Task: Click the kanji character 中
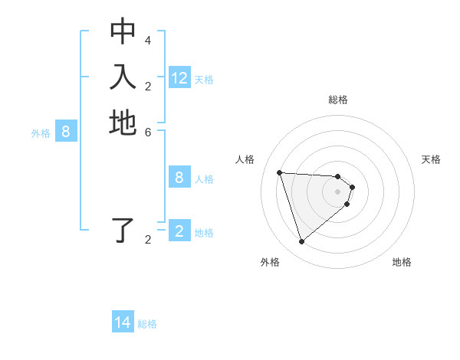tap(123, 32)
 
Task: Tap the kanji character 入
tap(123, 77)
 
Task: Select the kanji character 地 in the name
tap(123, 123)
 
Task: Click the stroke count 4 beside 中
tap(147, 40)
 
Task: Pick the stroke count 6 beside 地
tap(147, 131)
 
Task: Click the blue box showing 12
tap(179, 78)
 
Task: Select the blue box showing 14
tap(123, 322)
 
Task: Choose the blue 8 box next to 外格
tap(66, 132)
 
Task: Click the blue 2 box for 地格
tap(179, 231)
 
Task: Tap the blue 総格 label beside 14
tap(147, 324)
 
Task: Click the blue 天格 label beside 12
tap(204, 80)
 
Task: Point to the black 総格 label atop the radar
tap(338, 100)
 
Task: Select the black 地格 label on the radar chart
tap(402, 262)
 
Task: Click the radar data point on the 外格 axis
tap(301, 242)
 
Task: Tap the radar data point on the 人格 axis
tap(279, 172)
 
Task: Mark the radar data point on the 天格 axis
tap(353, 186)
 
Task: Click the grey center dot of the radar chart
tap(338, 191)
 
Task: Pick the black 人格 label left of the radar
tap(245, 159)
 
